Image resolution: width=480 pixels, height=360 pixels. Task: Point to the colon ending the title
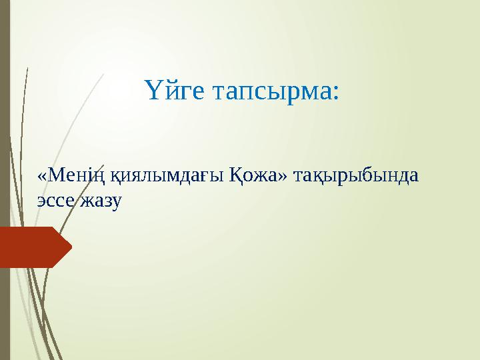[335, 93]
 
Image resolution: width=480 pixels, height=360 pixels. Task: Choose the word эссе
[55, 199]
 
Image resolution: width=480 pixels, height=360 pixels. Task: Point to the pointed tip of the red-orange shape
[70, 247]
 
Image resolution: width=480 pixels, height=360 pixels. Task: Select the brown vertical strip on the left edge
[5, 180]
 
